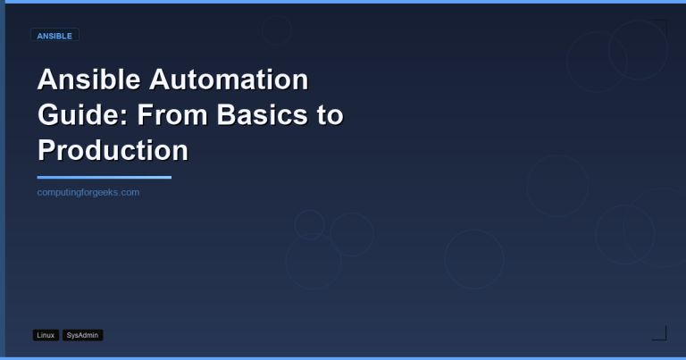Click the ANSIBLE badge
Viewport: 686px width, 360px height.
pos(55,36)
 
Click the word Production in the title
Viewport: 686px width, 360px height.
pos(113,149)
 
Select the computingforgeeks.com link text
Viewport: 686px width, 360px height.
pos(88,192)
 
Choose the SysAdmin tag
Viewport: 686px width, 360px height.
pos(83,335)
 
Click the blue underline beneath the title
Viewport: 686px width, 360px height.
pos(104,177)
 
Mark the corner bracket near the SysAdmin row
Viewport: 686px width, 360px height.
pos(659,333)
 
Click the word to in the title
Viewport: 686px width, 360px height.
pos(329,115)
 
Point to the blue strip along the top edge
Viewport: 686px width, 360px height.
pos(343,2)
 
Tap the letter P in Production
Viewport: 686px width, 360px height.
pos(46,149)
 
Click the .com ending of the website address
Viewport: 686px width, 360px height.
pos(129,192)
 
